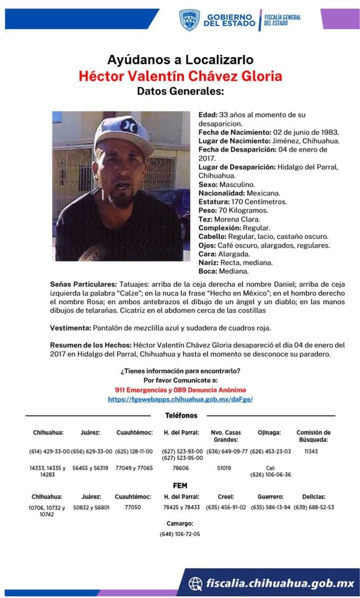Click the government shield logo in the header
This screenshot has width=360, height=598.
coord(189,20)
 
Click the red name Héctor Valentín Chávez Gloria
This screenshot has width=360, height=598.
coord(180,76)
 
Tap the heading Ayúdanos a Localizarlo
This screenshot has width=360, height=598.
coord(180,60)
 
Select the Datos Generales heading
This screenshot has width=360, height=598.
coord(180,92)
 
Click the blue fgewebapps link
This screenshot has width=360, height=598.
coord(180,399)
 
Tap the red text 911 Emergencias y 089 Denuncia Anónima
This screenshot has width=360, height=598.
coord(180,390)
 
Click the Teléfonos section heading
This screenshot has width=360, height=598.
coord(181,416)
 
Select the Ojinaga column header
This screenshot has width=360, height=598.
coord(269,433)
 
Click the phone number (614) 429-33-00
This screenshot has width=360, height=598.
coord(50,451)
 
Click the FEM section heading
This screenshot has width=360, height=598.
coord(180,485)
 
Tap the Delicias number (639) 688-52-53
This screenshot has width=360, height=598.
coord(314,507)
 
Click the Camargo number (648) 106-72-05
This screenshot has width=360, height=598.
coord(180,534)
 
